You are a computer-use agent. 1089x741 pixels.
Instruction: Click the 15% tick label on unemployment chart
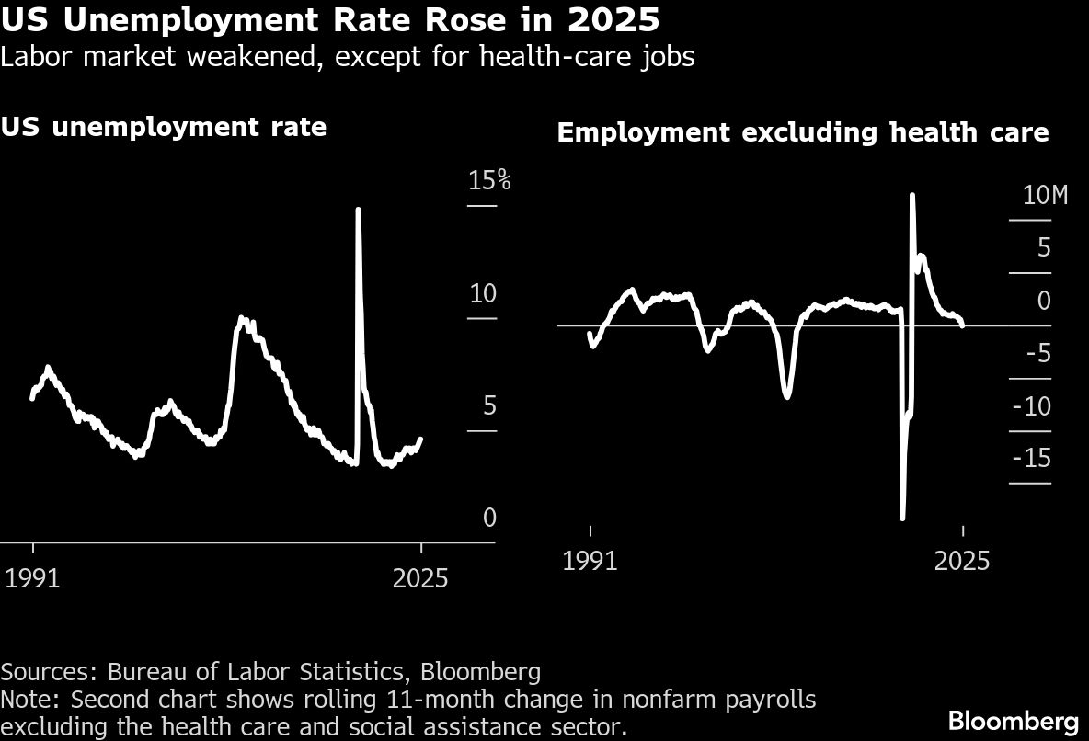(489, 180)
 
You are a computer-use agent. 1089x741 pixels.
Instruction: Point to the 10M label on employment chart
(1044, 196)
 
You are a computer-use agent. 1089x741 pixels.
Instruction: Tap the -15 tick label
(1031, 459)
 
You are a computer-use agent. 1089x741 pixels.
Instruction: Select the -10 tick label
(1031, 406)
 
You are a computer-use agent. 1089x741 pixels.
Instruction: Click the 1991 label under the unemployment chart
(33, 578)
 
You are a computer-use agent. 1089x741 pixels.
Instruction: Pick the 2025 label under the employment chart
(962, 560)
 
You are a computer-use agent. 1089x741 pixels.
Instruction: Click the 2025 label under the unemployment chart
(420, 578)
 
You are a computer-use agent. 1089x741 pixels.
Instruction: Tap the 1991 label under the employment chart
(590, 560)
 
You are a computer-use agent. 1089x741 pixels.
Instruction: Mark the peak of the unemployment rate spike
(358, 210)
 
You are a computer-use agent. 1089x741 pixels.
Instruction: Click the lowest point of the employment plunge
(902, 518)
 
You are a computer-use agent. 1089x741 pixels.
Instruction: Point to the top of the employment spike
(911, 195)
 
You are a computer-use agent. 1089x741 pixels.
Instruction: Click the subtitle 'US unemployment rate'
(164, 126)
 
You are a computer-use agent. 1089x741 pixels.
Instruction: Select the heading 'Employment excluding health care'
(803, 132)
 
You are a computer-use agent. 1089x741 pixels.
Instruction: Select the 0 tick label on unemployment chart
(489, 518)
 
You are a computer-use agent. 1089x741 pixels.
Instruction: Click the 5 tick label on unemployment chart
(489, 405)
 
